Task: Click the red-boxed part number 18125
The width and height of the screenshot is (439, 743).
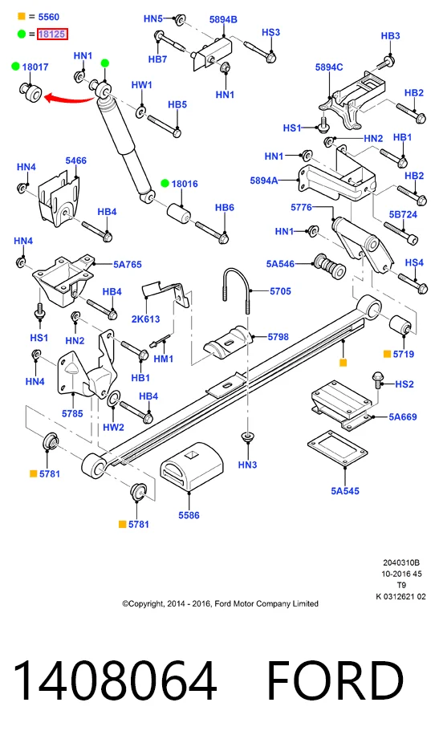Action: pyautogui.click(x=52, y=35)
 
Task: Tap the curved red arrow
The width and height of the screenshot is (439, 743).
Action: pyautogui.click(x=69, y=99)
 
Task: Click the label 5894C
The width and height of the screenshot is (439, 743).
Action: pyautogui.click(x=329, y=67)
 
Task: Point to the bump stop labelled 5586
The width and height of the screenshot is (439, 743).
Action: pyautogui.click(x=191, y=467)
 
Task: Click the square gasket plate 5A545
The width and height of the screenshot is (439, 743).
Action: pyautogui.click(x=337, y=449)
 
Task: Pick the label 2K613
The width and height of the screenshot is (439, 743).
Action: pyautogui.click(x=145, y=319)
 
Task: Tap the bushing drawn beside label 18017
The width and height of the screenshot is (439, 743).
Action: pyautogui.click(x=31, y=91)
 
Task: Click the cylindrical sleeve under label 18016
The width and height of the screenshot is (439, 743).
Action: pyautogui.click(x=179, y=213)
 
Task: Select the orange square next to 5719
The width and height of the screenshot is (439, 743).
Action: pyautogui.click(x=387, y=354)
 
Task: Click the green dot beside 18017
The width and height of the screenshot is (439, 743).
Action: pyautogui.click(x=15, y=67)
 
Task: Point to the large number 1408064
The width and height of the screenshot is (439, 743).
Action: pyautogui.click(x=116, y=680)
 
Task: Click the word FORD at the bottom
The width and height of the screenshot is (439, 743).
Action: pyautogui.click(x=335, y=680)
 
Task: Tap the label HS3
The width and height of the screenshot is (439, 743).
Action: pyautogui.click(x=270, y=32)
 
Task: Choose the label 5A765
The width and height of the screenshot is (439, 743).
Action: pyautogui.click(x=127, y=265)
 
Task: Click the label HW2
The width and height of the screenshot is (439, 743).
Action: pyautogui.click(x=113, y=427)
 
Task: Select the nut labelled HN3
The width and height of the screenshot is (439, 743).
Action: pyautogui.click(x=246, y=436)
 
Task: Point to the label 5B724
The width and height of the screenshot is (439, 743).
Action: pyautogui.click(x=403, y=214)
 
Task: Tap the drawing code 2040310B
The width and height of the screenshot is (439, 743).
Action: pyautogui.click(x=401, y=563)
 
